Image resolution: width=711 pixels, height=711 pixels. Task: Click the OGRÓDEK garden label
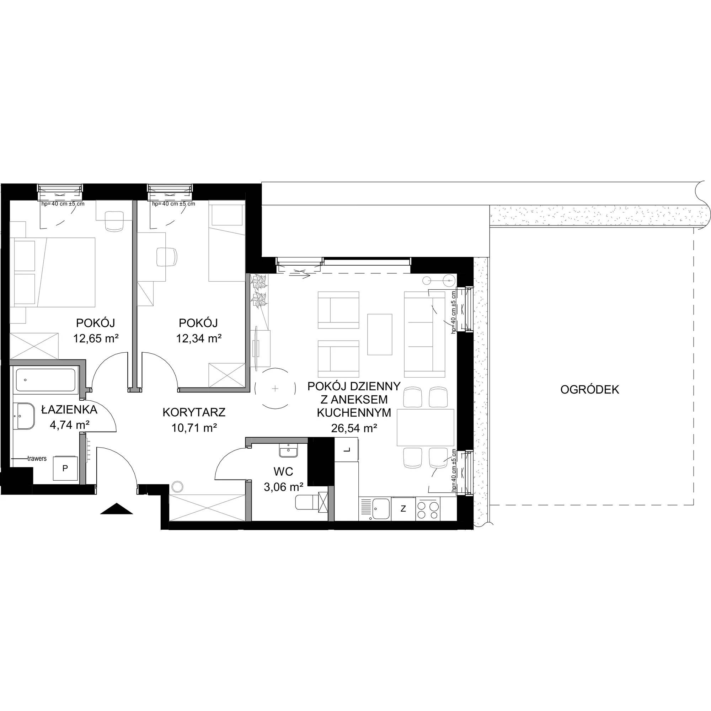coord(589,390)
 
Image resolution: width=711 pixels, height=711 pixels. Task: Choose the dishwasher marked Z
coord(403,509)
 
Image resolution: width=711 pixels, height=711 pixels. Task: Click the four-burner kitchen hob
coord(428,509)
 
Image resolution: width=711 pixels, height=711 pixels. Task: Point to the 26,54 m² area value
coord(354,428)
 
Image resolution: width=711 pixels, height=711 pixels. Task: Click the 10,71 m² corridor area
coord(194,427)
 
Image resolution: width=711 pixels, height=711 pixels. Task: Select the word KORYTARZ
coord(194,412)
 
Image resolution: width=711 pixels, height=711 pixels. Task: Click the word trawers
coord(37,459)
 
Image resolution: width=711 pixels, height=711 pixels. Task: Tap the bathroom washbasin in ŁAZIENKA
coord(25,416)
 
